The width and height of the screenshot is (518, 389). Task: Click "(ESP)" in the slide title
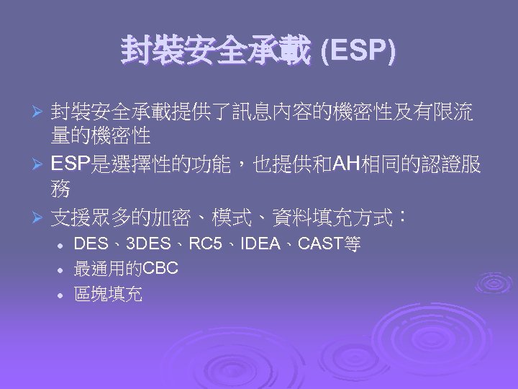pyautogui.click(x=358, y=51)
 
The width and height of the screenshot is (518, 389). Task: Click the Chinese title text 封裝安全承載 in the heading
pyautogui.click(x=217, y=51)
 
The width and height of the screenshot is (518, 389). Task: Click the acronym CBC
pyautogui.click(x=160, y=269)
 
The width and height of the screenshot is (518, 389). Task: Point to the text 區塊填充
pyautogui.click(x=108, y=294)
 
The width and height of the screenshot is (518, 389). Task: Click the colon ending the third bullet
pyautogui.click(x=402, y=214)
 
